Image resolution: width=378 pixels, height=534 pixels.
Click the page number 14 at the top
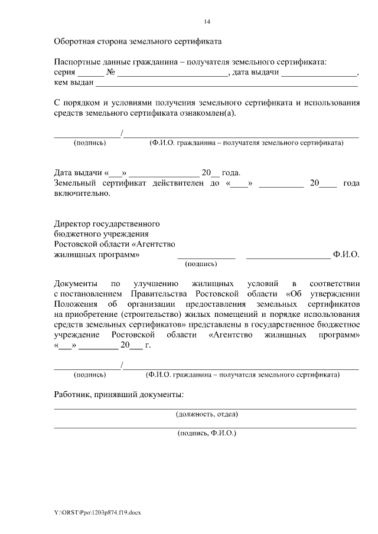207,22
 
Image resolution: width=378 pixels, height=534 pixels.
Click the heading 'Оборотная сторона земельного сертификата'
138,42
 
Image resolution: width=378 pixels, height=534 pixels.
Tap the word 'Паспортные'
77,62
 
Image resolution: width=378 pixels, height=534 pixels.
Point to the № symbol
110,73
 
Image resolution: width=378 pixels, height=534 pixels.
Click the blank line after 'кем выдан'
222,83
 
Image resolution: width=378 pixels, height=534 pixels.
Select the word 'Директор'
73,225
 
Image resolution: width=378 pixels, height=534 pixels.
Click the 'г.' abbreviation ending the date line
147,345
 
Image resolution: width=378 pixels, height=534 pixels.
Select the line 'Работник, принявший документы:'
119,394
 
